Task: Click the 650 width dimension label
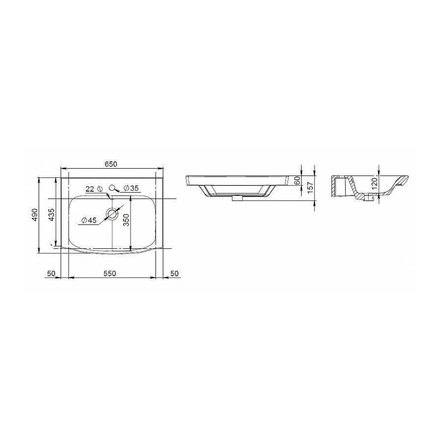click(111, 164)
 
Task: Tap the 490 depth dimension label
click(34, 216)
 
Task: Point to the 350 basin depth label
click(126, 221)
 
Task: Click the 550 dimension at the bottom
click(110, 273)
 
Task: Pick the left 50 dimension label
click(50, 273)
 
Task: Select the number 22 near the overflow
click(89, 189)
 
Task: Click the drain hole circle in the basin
click(113, 213)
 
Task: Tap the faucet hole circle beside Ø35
click(113, 188)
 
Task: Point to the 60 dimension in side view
click(297, 180)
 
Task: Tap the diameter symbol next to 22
click(99, 189)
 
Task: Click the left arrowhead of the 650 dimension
click(62, 170)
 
